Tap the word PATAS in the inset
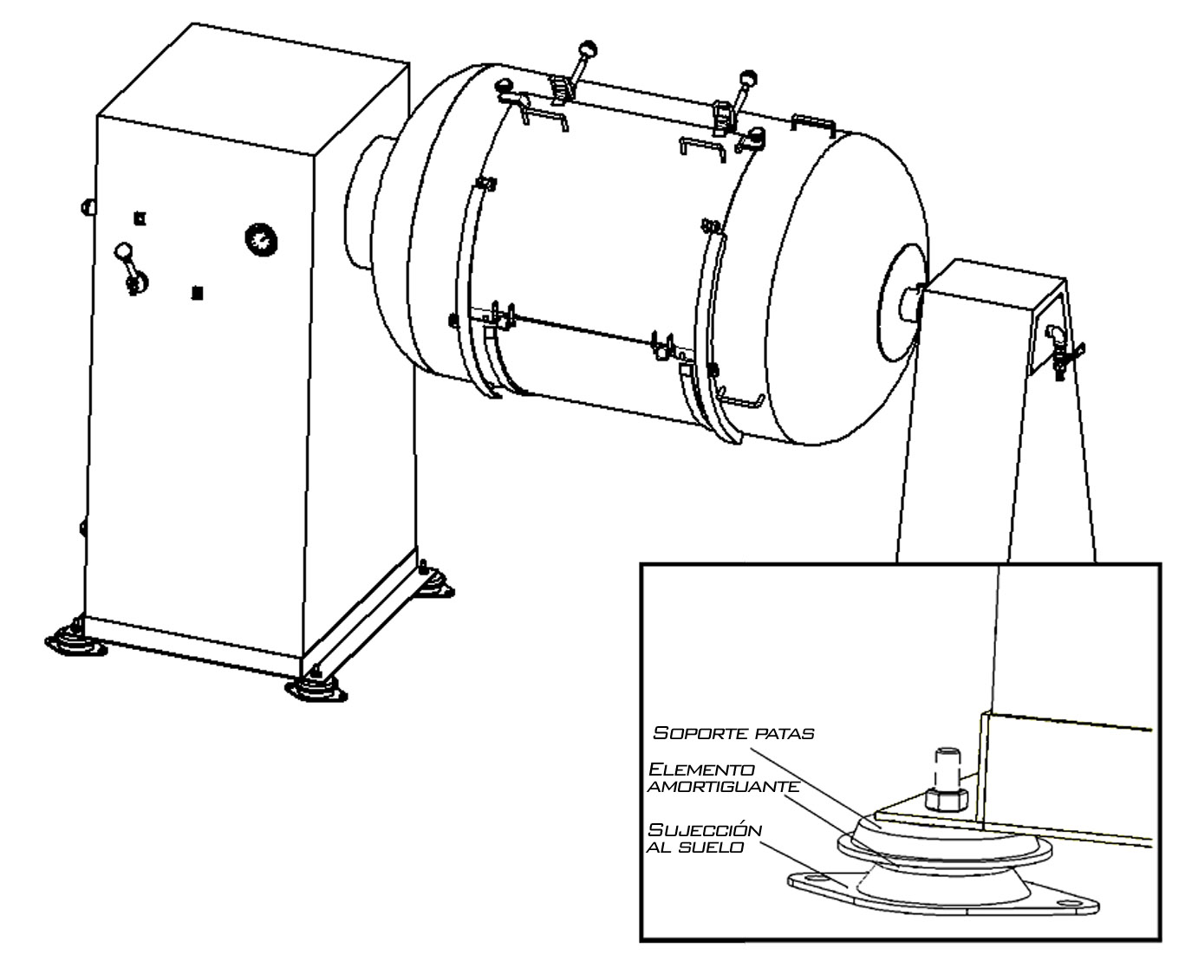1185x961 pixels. tap(785, 734)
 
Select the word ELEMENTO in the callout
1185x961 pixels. tap(701, 769)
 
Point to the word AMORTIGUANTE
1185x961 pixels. tap(723, 788)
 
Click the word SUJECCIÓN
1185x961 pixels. tap(705, 830)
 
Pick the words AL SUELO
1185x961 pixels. tap(695, 847)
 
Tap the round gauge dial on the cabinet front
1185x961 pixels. tap(261, 240)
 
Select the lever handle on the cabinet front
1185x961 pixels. tap(131, 269)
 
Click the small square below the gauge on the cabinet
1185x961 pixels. tap(197, 293)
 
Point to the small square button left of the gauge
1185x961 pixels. tap(140, 218)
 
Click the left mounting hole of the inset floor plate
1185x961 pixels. tap(813, 879)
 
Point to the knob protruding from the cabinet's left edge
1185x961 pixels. tap(88, 207)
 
